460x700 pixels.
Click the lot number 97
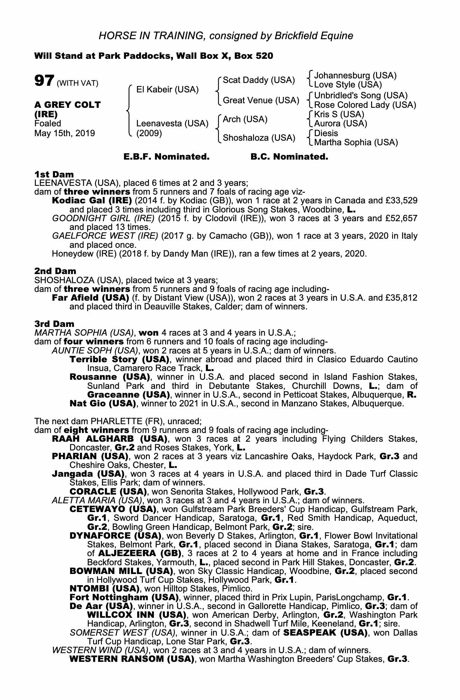[x=44, y=81]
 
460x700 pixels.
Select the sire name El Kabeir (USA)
[x=167, y=90]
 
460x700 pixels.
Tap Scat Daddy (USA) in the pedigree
[x=259, y=80]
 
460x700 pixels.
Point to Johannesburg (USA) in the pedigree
[x=355, y=76]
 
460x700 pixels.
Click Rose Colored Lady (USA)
[x=365, y=105]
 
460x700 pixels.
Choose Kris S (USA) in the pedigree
[x=339, y=114]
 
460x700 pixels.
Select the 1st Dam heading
[x=54, y=174]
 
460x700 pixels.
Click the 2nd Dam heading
[x=55, y=271]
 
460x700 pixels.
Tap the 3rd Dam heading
[x=54, y=324]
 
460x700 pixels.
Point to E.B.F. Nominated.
[x=166, y=157]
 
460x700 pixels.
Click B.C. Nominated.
[x=289, y=157]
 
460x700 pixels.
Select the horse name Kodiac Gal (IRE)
[x=92, y=201]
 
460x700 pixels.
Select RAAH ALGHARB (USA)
[x=109, y=439]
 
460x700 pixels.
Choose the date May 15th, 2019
[x=64, y=133]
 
